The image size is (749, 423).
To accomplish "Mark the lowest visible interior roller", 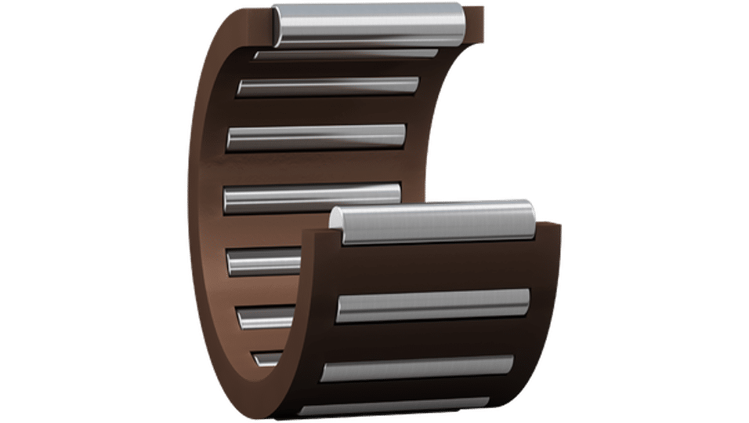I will coord(266,359).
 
